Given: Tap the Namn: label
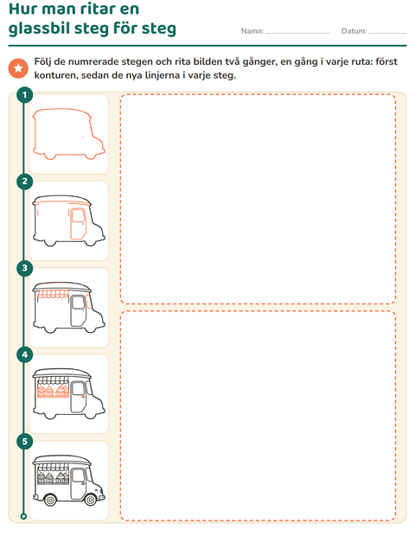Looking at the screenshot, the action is (x=252, y=31).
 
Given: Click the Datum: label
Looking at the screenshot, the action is (x=354, y=31).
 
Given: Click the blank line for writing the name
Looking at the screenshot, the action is (x=298, y=34).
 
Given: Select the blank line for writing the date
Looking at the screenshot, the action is (x=388, y=34).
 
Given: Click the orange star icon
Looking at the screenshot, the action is (x=18, y=68).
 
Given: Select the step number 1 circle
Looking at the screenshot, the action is (x=24, y=95).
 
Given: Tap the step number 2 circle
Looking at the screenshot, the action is (x=24, y=182).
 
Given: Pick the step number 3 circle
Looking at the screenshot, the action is (x=24, y=268).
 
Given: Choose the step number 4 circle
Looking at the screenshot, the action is (x=24, y=354).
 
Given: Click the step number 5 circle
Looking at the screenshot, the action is (x=24, y=441).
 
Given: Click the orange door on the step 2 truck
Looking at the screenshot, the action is (x=79, y=223).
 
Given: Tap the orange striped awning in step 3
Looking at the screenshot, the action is (x=53, y=294).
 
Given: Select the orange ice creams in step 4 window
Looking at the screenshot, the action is (x=53, y=391).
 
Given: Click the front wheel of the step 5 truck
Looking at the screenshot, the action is (x=91, y=500).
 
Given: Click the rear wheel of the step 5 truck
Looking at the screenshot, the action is (x=50, y=500).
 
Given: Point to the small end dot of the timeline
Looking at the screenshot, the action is (x=23, y=516).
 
